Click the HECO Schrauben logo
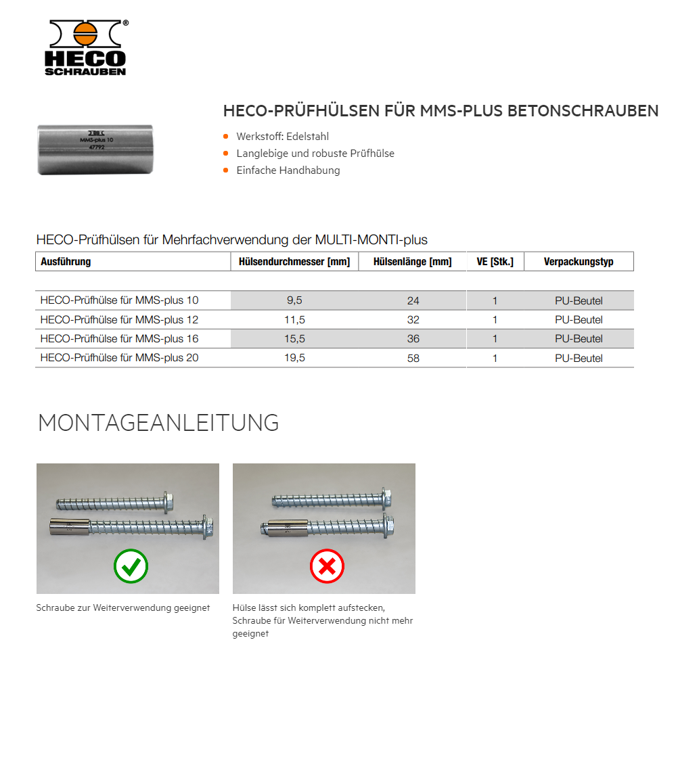86,47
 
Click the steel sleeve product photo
96,148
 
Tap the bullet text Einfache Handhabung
288,170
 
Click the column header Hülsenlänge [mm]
412,262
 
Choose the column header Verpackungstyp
579,262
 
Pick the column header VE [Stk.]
495,262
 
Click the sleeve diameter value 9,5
294,300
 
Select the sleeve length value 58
413,359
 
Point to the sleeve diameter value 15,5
294,339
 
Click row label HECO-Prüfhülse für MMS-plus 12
119,319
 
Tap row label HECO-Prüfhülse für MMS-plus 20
119,358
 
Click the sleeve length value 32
413,320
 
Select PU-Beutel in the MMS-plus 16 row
579,339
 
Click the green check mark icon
131,566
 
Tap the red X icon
327,566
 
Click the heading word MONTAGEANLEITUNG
158,422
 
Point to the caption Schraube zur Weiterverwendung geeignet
123,607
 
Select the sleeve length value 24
413,300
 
